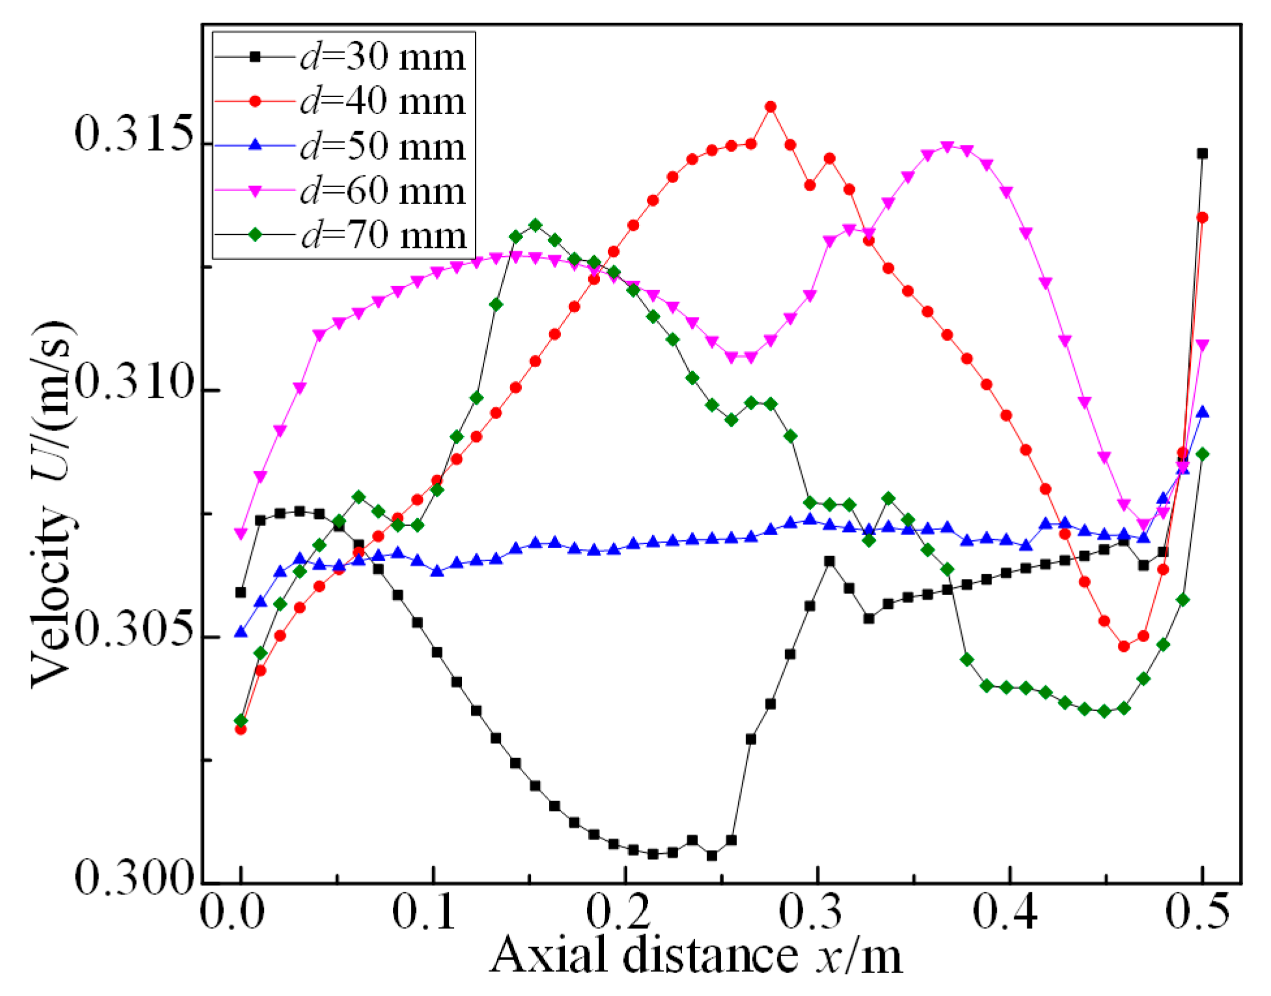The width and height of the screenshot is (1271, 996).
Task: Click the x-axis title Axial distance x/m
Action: (x=696, y=956)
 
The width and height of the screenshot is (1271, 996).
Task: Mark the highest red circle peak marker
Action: (x=771, y=107)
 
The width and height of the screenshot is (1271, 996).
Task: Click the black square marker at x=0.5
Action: (x=1203, y=154)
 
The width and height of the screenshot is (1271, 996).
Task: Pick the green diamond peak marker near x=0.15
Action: (x=536, y=226)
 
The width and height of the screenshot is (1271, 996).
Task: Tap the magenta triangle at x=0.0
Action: (x=241, y=534)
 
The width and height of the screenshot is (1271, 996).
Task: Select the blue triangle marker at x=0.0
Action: (x=241, y=632)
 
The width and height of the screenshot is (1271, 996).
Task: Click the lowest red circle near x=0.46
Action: (x=1124, y=647)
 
